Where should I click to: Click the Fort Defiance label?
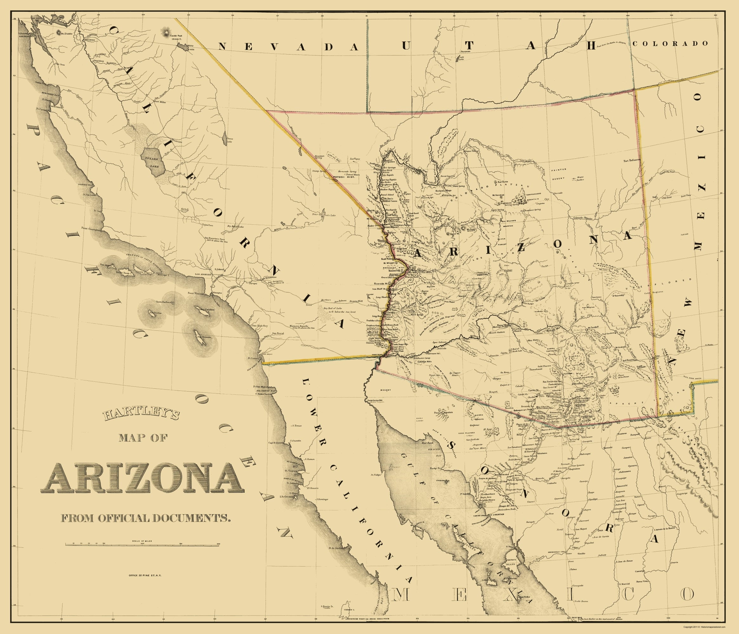pyautogui.click(x=632, y=160)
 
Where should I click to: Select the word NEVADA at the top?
pyautogui.click(x=288, y=47)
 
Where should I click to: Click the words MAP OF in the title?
pyautogui.click(x=143, y=438)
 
